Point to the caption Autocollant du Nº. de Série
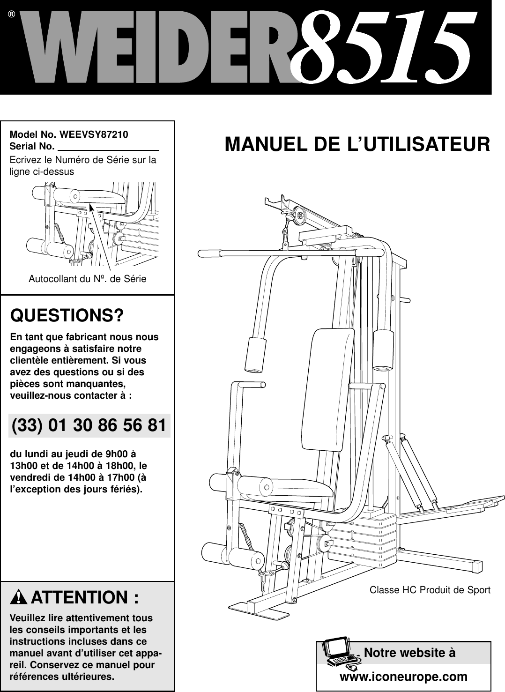tap(88, 279)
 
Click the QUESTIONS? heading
tap(67, 315)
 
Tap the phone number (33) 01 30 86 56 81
tap(89, 426)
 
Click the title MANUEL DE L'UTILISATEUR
tap(357, 144)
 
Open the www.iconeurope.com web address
tap(403, 677)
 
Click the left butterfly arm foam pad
tap(256, 354)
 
